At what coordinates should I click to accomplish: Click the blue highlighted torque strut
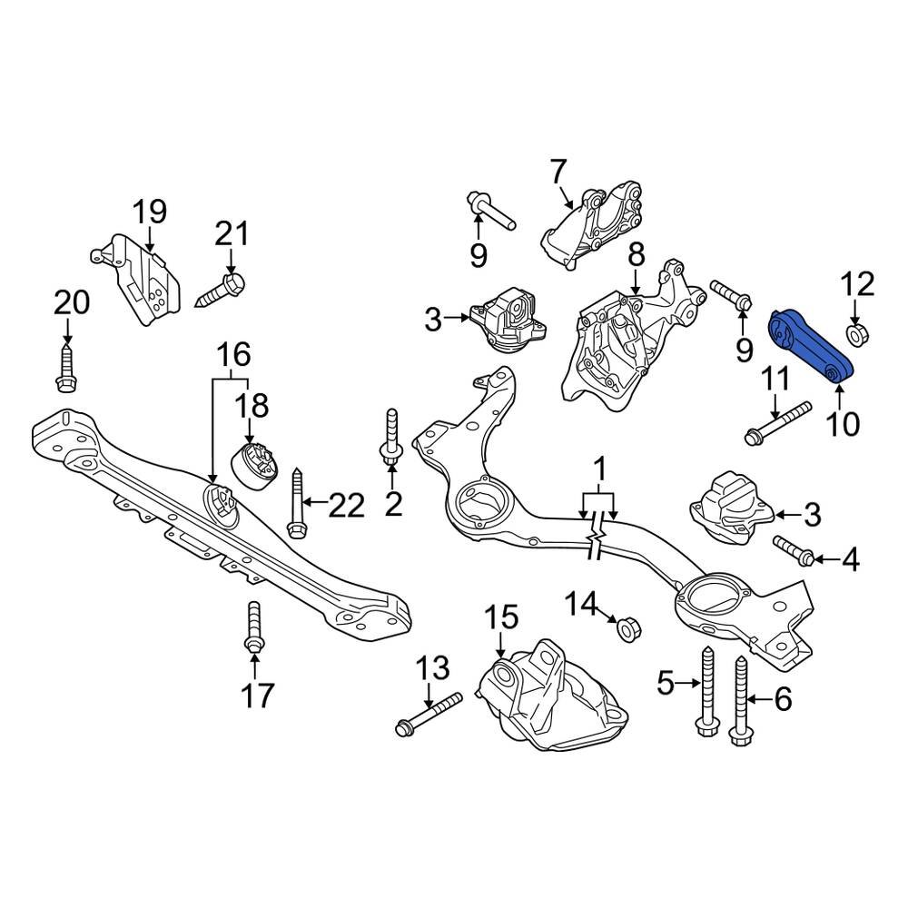pos(810,348)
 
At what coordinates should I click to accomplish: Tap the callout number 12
pos(859,285)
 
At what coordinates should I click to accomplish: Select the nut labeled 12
pos(856,335)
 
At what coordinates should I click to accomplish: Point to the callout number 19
pos(151,213)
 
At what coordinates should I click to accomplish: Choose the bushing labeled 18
pos(255,464)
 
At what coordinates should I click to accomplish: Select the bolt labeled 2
pos(391,439)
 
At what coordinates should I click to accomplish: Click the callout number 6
pos(782,699)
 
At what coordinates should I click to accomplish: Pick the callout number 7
pos(558,170)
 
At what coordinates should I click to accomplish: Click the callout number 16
pos(232,353)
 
